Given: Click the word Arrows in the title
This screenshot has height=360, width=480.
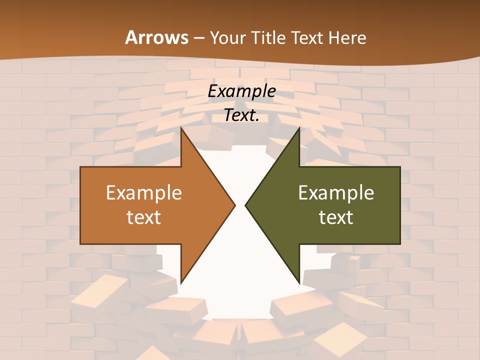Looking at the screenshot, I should tap(156, 37).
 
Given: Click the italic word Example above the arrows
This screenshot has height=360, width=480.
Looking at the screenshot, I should tap(242, 91).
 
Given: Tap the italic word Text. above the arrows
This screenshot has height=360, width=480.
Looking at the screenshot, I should tap(242, 115).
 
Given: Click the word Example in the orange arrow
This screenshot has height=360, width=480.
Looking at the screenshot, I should tap(144, 193).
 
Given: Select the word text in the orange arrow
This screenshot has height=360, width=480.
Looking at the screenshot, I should tap(144, 217).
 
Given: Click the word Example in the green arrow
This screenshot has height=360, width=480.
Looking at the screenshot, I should tap(336, 193).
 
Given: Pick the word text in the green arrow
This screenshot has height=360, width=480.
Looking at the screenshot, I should tap(336, 217).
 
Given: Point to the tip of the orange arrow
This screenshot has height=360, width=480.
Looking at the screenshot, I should tap(235, 205).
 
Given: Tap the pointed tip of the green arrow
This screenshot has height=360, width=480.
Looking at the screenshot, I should tap(245, 205).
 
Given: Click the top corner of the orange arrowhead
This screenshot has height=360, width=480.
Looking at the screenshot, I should tap(181, 128).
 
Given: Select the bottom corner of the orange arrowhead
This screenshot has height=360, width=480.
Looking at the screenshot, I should tap(181, 282).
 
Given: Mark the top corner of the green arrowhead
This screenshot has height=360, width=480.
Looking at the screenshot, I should tap(299, 128).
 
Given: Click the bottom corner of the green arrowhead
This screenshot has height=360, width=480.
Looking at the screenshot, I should tap(299, 282).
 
